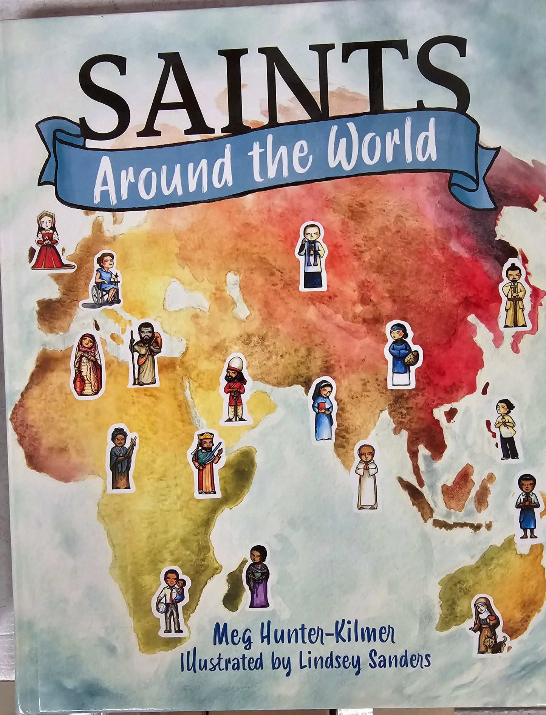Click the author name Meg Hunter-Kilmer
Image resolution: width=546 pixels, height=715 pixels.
click(x=304, y=634)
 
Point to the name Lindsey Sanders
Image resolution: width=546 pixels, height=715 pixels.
click(x=364, y=660)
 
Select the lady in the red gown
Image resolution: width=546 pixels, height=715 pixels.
click(x=49, y=242)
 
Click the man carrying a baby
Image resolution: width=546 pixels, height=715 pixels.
click(x=171, y=602)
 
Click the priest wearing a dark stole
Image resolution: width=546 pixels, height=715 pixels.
click(x=312, y=257)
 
